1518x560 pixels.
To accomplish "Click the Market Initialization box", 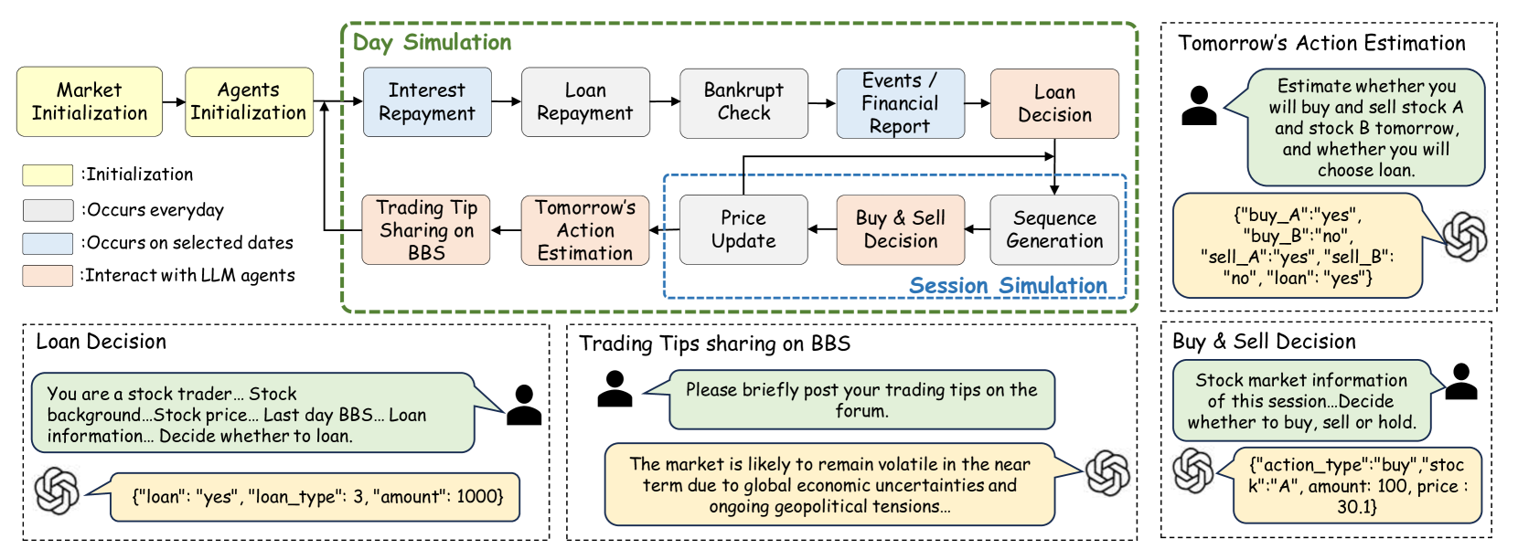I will tap(90, 101).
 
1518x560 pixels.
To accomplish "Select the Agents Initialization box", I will tap(249, 101).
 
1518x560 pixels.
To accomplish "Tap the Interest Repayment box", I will tap(427, 101).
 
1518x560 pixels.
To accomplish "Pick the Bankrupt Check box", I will tap(743, 101).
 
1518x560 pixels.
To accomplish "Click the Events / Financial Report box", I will tap(900, 103).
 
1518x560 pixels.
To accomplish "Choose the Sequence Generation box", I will tap(1054, 229).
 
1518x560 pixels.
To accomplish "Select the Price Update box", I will tap(743, 229).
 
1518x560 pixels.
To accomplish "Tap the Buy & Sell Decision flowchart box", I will tap(901, 229).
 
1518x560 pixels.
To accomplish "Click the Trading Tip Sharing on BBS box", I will tap(426, 229).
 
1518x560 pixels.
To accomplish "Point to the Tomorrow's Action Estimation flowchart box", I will tap(585, 229).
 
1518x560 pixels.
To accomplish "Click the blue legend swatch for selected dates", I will tap(48, 243).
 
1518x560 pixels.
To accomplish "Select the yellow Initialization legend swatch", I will tap(48, 174).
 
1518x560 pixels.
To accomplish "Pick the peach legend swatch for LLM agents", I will tap(48, 276).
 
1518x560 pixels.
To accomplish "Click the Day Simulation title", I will tap(432, 42).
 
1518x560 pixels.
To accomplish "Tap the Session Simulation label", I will tap(1008, 286).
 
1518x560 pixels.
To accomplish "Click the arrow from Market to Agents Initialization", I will tap(174, 101).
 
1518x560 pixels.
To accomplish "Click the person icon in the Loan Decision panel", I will tap(524, 405).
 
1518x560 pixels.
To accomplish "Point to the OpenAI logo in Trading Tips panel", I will tap(1107, 473).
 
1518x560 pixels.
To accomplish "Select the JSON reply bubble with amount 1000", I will tap(316, 496).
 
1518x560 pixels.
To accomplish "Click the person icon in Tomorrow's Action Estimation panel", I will tap(1199, 105).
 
